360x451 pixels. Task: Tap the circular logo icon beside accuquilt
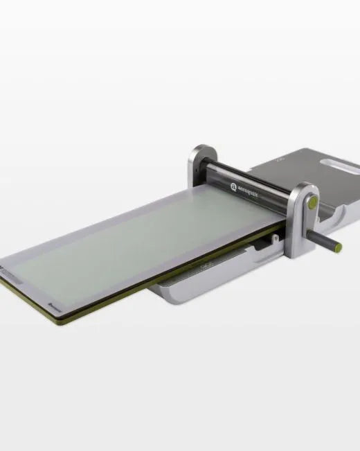click(233, 186)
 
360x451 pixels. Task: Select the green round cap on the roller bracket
click(312, 202)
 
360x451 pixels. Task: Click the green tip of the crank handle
click(339, 246)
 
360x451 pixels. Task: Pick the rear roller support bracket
click(203, 166)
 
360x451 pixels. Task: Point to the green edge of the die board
click(138, 291)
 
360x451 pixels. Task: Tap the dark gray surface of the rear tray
click(305, 166)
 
